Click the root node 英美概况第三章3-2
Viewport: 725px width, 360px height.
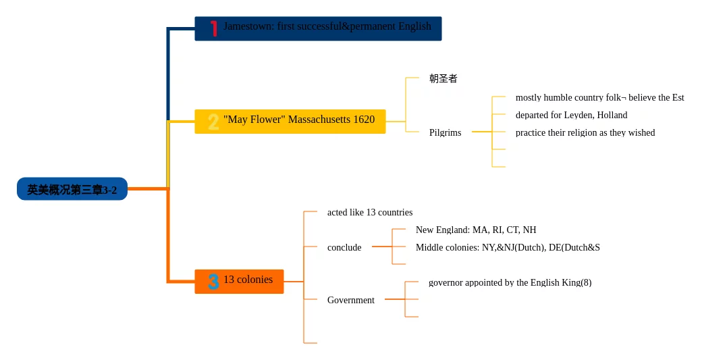click(72, 189)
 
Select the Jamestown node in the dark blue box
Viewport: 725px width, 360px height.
click(318, 28)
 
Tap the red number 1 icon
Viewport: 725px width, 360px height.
click(213, 28)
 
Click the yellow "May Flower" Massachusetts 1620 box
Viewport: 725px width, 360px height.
click(290, 121)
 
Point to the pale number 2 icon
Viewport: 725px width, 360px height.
click(213, 122)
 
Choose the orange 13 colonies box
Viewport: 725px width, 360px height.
click(239, 282)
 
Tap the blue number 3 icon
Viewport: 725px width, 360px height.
click(213, 282)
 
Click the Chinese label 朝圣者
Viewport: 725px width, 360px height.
click(443, 78)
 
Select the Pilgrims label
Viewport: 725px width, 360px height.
click(446, 133)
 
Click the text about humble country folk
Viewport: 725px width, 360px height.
click(599, 98)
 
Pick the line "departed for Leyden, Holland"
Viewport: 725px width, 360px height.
click(572, 115)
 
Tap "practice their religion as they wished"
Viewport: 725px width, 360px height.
click(585, 133)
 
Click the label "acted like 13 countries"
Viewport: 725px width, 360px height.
click(370, 212)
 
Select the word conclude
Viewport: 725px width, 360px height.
click(344, 248)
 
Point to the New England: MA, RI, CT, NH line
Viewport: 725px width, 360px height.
click(476, 230)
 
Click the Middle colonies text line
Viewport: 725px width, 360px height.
click(508, 248)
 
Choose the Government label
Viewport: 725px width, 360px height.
click(351, 301)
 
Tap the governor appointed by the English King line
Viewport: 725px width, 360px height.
click(510, 283)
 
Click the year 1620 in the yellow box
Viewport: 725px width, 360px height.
click(364, 120)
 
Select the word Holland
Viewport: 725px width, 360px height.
click(612, 115)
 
